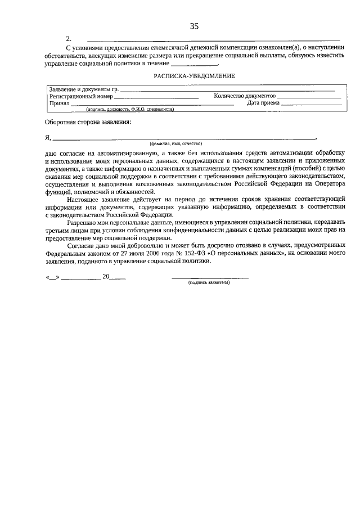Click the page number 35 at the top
(x=195, y=26)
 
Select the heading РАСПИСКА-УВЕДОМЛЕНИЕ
(x=195, y=75)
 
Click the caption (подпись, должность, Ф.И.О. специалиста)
(x=126, y=109)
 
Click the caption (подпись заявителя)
(x=209, y=282)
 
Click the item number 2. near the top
(x=69, y=39)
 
